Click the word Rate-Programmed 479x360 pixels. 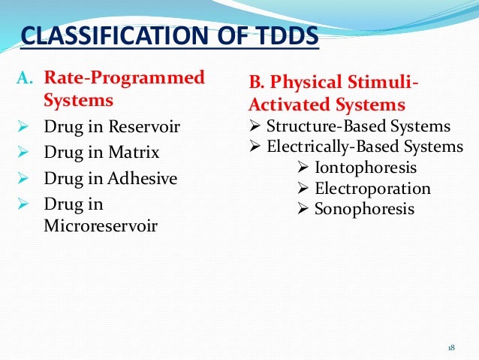[124, 77]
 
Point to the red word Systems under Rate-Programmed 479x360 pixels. [79, 100]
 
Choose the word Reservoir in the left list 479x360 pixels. [143, 127]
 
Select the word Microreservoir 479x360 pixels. [101, 225]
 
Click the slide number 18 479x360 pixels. [451, 347]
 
